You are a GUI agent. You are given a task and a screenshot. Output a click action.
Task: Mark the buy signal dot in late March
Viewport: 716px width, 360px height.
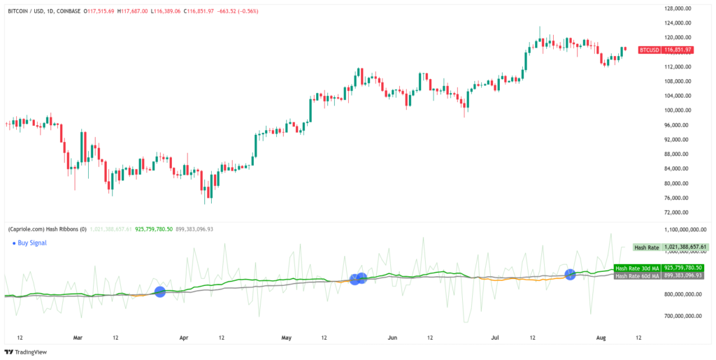[159, 291]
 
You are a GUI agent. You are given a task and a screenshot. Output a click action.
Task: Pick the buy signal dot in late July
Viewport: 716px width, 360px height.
[570, 274]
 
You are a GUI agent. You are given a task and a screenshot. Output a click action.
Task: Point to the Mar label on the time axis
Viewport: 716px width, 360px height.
[78, 337]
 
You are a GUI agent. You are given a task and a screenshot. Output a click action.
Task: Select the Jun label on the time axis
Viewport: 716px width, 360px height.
[392, 337]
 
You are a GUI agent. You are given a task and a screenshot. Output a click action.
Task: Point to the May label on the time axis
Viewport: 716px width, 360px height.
[287, 337]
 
